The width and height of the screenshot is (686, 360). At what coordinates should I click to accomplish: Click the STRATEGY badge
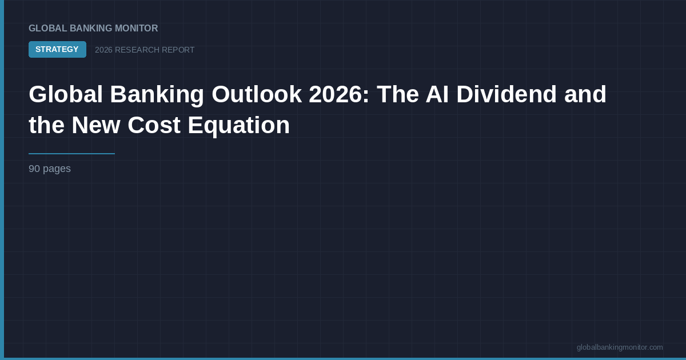57,50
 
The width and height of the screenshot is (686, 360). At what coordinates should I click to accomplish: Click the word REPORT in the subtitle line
179,50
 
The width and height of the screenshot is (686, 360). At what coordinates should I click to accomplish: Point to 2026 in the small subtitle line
103,50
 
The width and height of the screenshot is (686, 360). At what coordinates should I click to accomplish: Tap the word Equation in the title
239,126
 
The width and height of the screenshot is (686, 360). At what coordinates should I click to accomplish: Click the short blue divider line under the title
71,154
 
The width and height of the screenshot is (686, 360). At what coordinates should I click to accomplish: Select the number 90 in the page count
34,169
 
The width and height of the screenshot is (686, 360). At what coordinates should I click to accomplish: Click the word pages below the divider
57,169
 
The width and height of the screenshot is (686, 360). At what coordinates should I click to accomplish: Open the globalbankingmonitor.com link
620,347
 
